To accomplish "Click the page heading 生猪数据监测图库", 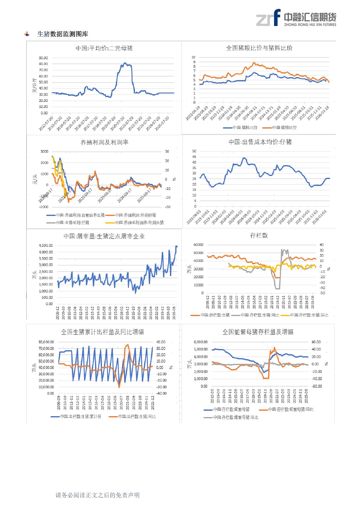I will pyautogui.click(x=63, y=34).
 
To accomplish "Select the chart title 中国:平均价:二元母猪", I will pyautogui.click(x=104, y=48).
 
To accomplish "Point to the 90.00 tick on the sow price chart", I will pyautogui.click(x=43, y=58).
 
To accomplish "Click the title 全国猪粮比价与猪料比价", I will pyautogui.click(x=259, y=48).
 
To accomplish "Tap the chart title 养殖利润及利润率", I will pyautogui.click(x=104, y=142).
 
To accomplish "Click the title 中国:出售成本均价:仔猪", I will pyautogui.click(x=260, y=142).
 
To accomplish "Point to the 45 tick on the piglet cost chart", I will pyautogui.click(x=194, y=157).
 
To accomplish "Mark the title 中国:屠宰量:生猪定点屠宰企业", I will pyautogui.click(x=104, y=236).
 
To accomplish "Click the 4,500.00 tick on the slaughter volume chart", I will pyautogui.click(x=46, y=246).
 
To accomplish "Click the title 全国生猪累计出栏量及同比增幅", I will pyautogui.click(x=102, y=332).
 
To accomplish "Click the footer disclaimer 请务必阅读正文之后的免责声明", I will pyautogui.click(x=97, y=495).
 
